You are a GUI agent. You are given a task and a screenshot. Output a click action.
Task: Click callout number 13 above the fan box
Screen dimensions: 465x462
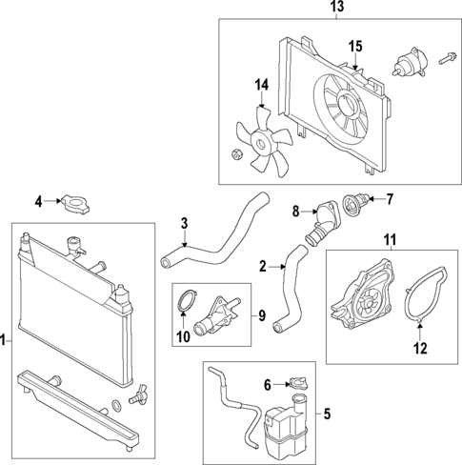[x=334, y=8]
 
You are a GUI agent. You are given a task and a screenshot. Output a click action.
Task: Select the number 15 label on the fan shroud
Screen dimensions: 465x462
[x=355, y=47]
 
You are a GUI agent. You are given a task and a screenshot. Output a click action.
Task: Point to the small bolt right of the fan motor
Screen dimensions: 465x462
[x=449, y=60]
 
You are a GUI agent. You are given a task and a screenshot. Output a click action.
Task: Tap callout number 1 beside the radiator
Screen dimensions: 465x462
[x=6, y=339]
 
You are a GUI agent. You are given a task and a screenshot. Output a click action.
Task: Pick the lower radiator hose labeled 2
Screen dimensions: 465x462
[x=285, y=295]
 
